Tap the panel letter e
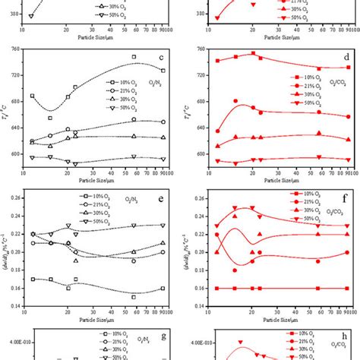(x=160, y=200)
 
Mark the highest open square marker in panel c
(x=134, y=57)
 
